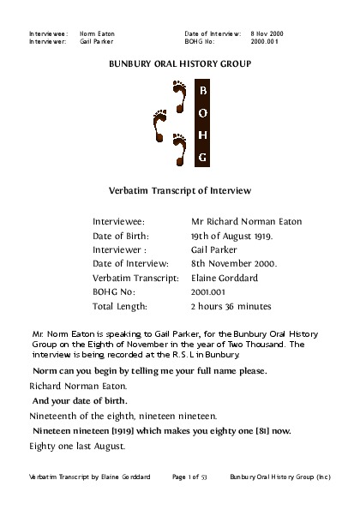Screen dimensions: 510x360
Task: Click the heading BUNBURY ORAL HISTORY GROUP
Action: coord(180,64)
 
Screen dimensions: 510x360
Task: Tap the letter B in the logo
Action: coord(202,90)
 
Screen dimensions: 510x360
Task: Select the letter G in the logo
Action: coord(202,158)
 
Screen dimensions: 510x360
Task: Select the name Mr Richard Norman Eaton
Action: coord(246,221)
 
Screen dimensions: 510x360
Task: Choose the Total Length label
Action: coord(120,306)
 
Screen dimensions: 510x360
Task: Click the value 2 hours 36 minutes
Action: coord(231,306)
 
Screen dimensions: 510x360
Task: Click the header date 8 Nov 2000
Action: coord(267,33)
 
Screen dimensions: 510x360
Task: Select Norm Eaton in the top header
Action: coord(97,33)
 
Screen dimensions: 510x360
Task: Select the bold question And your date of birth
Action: coord(79,400)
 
